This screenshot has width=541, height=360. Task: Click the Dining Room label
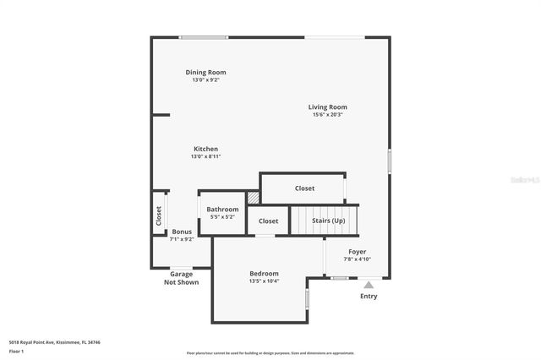point(205,73)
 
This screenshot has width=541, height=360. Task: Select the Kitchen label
point(205,149)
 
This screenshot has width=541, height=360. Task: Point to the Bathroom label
point(223,209)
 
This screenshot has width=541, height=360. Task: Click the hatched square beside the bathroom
point(253,198)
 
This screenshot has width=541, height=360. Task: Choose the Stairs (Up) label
point(328,221)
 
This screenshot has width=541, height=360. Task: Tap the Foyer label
point(358,252)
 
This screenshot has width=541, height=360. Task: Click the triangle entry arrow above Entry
point(369,286)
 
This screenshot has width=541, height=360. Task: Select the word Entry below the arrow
point(369,296)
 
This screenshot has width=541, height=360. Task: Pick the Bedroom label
point(264,273)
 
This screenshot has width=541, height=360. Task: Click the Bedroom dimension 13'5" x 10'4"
point(264,281)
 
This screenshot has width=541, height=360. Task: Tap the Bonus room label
point(182,232)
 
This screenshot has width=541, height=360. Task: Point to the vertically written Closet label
point(158,215)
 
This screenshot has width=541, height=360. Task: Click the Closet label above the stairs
point(304,188)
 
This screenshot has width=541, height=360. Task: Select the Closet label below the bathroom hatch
point(268,221)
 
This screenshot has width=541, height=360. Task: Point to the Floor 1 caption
point(16,350)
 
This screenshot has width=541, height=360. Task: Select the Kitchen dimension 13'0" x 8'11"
point(205,156)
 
